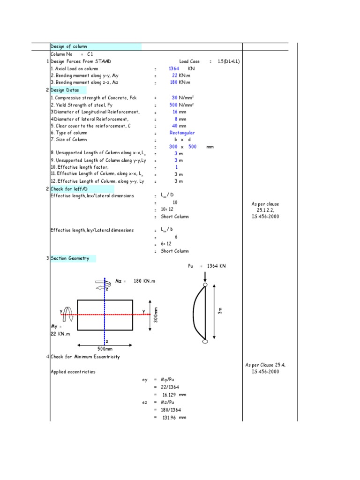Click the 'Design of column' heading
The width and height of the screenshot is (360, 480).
[x=68, y=46]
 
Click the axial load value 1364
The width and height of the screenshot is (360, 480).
[x=174, y=68]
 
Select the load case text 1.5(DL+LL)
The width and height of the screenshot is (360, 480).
[x=229, y=61]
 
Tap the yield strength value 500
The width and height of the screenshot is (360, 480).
[x=173, y=105]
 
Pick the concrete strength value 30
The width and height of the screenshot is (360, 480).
[x=175, y=98]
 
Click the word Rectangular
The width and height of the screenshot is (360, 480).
[x=182, y=133]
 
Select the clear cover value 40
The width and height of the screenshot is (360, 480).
[x=175, y=126]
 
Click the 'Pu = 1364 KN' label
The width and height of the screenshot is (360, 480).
[x=207, y=266]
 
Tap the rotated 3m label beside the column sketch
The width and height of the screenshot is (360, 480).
[x=220, y=310]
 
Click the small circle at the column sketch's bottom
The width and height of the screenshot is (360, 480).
[x=205, y=342]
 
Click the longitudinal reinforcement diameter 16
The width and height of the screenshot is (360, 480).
[x=175, y=112]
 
